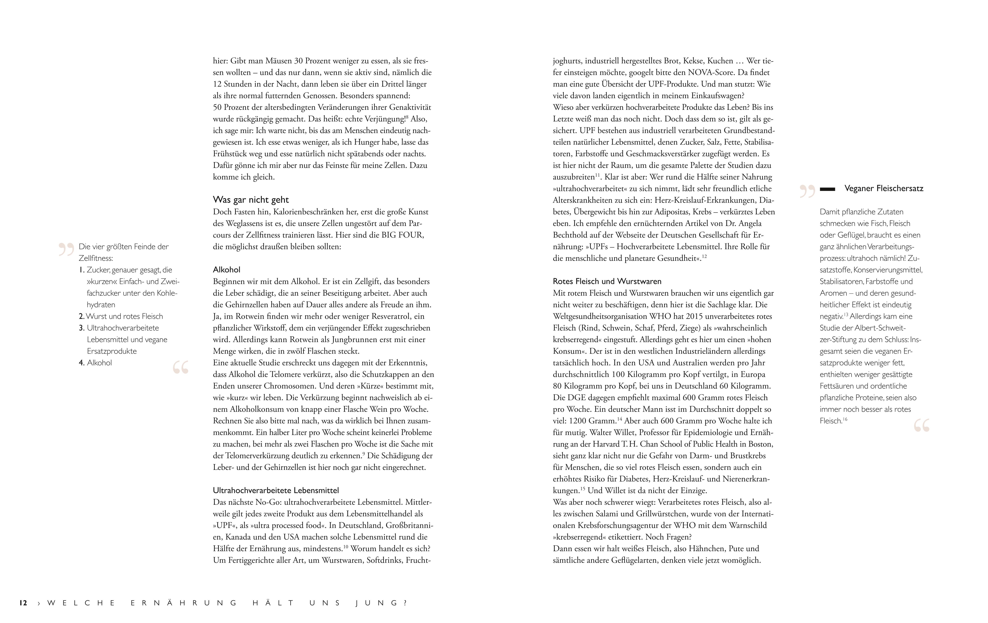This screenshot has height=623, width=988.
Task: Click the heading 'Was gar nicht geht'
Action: pos(251,200)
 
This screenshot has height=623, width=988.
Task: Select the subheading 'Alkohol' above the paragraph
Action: pos(226,269)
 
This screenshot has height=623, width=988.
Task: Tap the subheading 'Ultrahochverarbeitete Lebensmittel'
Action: pos(276,490)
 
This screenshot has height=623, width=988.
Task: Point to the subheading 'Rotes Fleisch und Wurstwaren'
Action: pos(607,281)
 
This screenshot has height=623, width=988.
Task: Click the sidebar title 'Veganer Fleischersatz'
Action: pos(884,189)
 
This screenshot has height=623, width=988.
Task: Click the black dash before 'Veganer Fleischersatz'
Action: pos(827,189)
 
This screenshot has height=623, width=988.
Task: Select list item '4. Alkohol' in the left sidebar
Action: pos(96,363)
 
